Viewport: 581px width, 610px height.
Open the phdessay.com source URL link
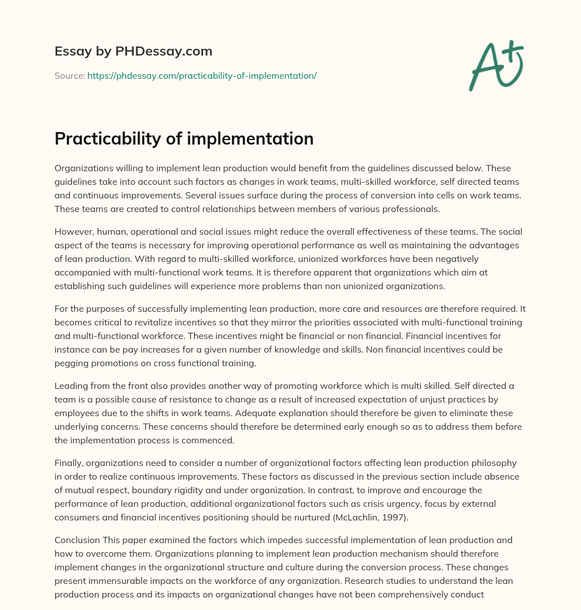[201, 75]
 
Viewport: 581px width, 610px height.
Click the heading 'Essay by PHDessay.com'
[133, 51]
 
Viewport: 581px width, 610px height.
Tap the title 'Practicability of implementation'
[184, 138]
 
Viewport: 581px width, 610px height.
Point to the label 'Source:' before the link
[69, 75]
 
